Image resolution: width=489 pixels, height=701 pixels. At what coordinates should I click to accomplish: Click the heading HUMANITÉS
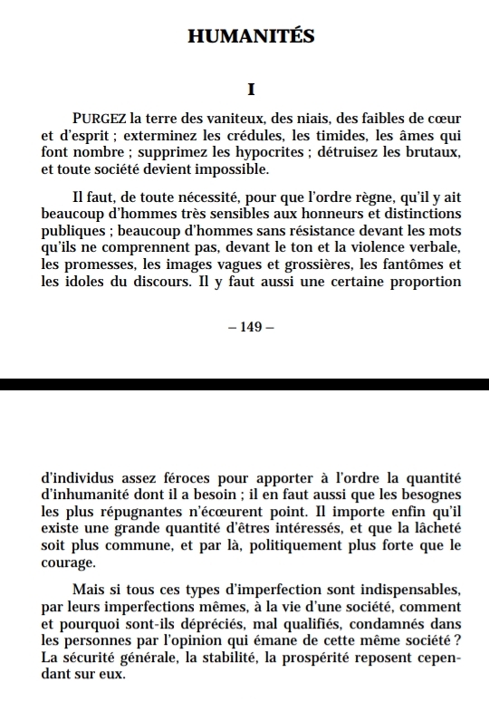point(251,36)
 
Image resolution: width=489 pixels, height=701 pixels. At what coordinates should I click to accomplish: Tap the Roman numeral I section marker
point(251,91)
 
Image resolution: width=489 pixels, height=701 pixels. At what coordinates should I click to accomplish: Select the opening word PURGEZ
point(100,119)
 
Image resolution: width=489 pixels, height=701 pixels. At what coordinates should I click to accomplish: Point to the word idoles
point(85,282)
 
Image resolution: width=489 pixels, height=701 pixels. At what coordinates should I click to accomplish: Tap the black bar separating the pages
point(244,384)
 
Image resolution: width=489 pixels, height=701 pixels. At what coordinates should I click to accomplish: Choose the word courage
point(69,563)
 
